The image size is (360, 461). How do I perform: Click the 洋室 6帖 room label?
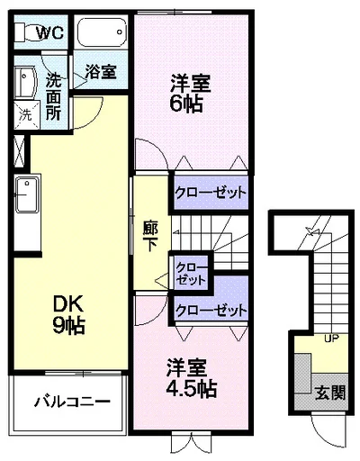(190, 92)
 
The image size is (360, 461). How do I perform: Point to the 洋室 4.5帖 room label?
(190, 378)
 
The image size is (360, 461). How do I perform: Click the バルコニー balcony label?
(71, 401)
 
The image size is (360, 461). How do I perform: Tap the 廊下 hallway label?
(150, 235)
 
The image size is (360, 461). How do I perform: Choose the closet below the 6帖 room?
(210, 192)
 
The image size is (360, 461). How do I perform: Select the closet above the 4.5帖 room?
(211, 310)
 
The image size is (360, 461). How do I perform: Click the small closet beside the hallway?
(189, 273)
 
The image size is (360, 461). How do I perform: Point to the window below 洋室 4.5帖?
(190, 445)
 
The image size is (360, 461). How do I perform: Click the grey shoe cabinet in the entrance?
(301, 375)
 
